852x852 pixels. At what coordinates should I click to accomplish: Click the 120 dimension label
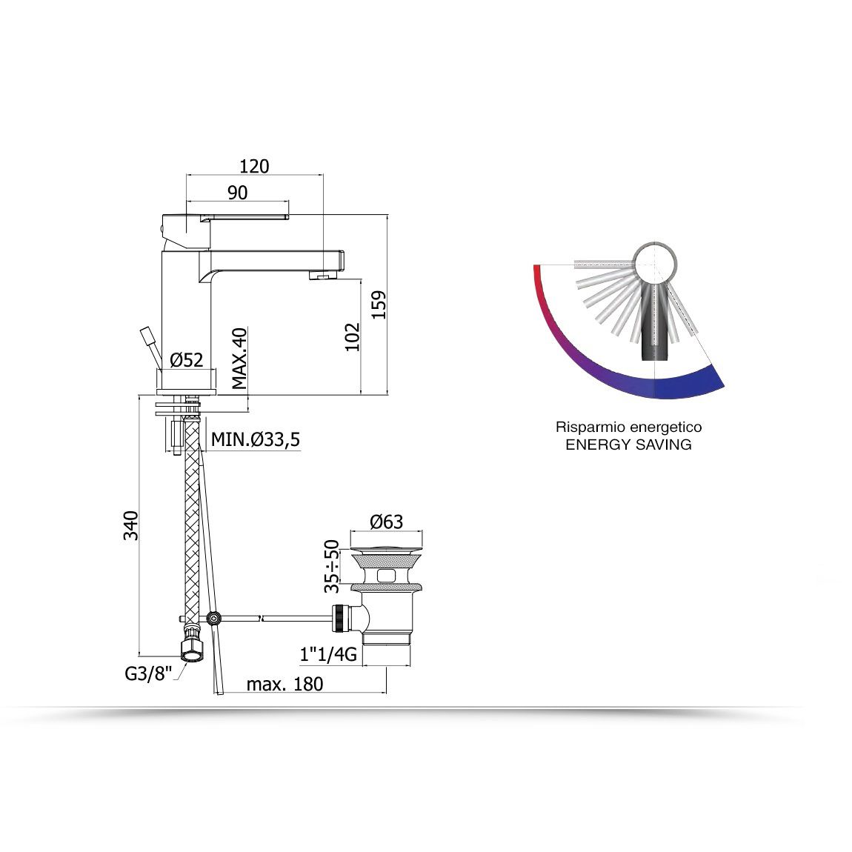pos(254,166)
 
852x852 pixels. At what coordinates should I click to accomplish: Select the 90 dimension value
pos(238,193)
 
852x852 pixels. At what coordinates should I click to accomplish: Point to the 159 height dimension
pos(379,304)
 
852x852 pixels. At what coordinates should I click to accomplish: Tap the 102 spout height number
pos(353,337)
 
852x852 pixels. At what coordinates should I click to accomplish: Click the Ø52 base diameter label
pos(187,360)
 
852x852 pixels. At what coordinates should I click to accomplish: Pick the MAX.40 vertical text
pos(239,358)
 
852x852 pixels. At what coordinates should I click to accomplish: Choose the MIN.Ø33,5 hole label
pos(256,439)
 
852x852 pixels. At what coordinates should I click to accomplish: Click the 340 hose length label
pos(131,525)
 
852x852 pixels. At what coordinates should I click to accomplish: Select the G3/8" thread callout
pos(147,673)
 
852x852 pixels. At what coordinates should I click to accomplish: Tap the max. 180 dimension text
pos(284,684)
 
